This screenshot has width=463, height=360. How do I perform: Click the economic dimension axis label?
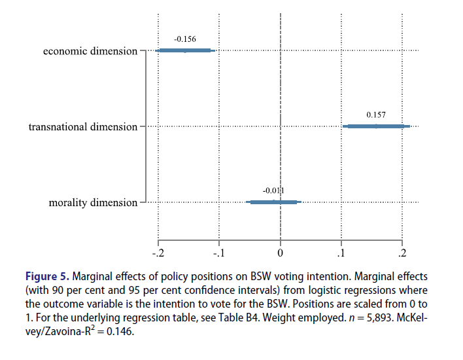click(x=90, y=50)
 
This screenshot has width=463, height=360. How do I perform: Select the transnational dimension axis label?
click(x=83, y=126)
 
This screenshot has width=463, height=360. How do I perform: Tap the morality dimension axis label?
click(x=94, y=203)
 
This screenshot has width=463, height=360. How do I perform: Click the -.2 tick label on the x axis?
click(x=158, y=253)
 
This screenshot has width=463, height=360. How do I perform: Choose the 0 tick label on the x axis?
click(x=281, y=253)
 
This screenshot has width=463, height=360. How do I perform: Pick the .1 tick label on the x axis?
click(x=341, y=253)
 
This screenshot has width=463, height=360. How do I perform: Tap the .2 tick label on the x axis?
click(x=402, y=253)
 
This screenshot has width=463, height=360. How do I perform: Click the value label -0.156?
click(x=185, y=39)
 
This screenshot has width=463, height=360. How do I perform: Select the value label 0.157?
click(x=376, y=115)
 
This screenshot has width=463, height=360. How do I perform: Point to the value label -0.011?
click(x=274, y=190)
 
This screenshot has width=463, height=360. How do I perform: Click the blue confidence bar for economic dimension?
click(x=185, y=50)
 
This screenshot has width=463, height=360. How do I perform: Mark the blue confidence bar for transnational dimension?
click(x=377, y=126)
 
